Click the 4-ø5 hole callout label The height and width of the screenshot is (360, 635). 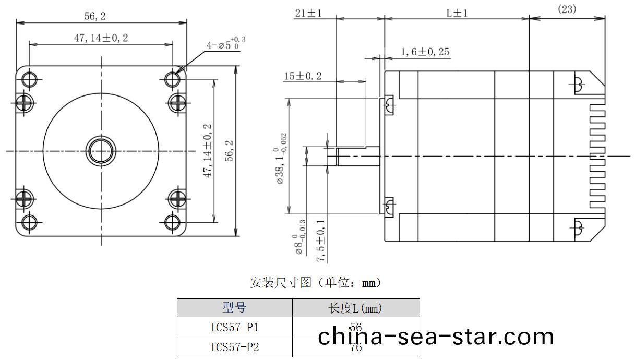226,44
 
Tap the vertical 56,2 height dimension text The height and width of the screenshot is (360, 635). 229,151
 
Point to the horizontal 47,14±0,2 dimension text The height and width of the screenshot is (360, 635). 101,38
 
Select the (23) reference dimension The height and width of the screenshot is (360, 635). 567,9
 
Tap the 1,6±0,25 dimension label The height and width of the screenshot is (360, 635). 425,52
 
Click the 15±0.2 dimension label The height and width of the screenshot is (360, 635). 303,76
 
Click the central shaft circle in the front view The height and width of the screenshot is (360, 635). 101,151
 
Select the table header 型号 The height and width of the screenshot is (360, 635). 234,308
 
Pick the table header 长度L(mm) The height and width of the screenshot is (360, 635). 355,308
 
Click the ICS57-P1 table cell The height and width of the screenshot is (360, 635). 234,328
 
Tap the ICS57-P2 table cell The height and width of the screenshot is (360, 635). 234,347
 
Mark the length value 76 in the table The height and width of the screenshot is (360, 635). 356,347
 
